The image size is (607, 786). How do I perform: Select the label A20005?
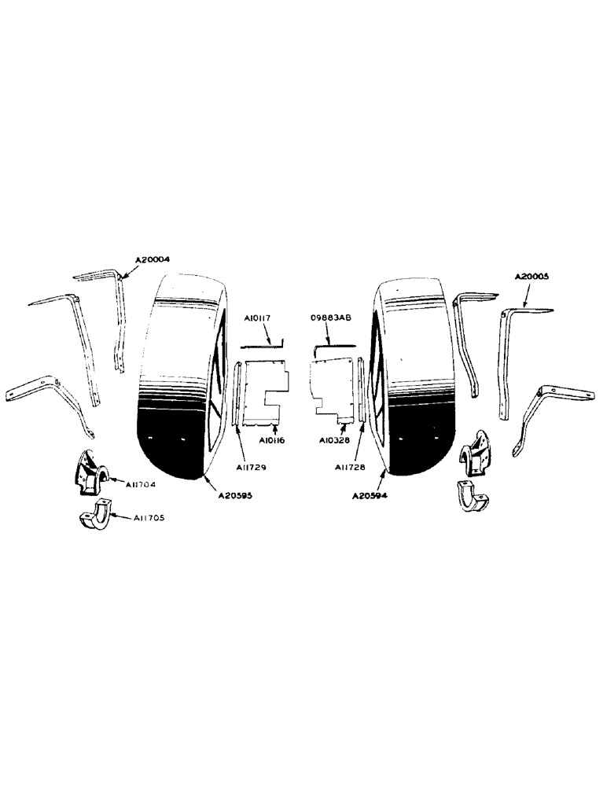(533, 277)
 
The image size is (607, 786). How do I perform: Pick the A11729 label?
(250, 468)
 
